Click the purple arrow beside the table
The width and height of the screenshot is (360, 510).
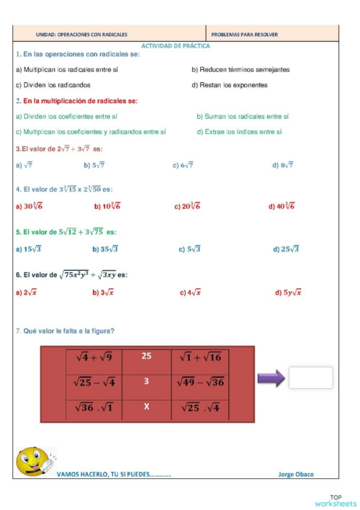pyautogui.click(x=271, y=379)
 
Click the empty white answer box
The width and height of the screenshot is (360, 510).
pyautogui.click(x=310, y=378)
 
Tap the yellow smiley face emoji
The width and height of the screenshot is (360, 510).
pyautogui.click(x=32, y=462)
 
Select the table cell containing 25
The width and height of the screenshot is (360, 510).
pyautogui.click(x=147, y=356)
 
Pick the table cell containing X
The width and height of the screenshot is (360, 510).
pyautogui.click(x=147, y=407)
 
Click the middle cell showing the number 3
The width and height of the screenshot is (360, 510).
pyautogui.click(x=147, y=382)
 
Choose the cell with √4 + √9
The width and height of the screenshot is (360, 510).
pyautogui.click(x=94, y=357)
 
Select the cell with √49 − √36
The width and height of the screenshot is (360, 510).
pyautogui.click(x=199, y=382)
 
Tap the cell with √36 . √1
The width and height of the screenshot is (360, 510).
pyautogui.click(x=94, y=407)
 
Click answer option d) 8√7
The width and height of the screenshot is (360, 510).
pyautogui.click(x=282, y=165)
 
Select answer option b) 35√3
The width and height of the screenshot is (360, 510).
pyautogui.click(x=105, y=249)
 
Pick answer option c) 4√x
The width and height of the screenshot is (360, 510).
pyautogui.click(x=190, y=293)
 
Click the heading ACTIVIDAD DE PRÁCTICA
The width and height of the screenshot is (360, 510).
pyautogui.click(x=176, y=45)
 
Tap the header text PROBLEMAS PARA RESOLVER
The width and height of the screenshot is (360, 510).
pyautogui.click(x=245, y=34)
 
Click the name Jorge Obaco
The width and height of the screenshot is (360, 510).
pyautogui.click(x=296, y=475)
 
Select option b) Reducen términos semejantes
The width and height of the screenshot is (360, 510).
pyautogui.click(x=240, y=70)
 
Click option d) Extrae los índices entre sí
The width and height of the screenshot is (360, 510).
pyautogui.click(x=239, y=132)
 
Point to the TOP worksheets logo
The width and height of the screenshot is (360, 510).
pyautogui.click(x=335, y=501)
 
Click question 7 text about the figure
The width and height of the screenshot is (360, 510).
pyautogui.click(x=65, y=331)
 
